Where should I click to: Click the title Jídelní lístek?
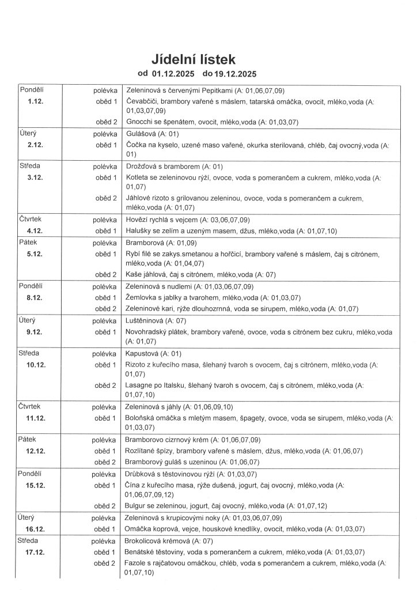click(194, 59)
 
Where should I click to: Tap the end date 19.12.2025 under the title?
click(234, 74)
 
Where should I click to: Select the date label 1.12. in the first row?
click(36, 101)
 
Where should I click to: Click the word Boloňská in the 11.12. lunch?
click(141, 418)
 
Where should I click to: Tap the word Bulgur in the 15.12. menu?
click(136, 506)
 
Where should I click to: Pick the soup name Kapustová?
click(142, 353)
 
